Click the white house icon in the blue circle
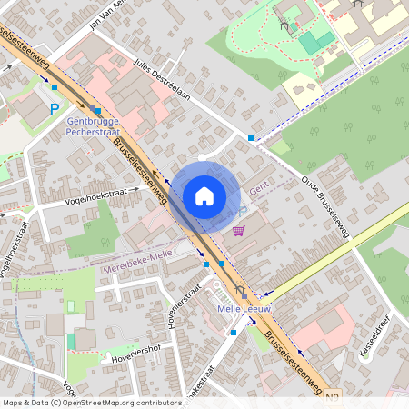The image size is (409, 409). pyautogui.click(x=204, y=195)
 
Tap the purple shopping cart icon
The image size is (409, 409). pyautogui.click(x=238, y=232)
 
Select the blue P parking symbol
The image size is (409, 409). pyautogui.click(x=55, y=108)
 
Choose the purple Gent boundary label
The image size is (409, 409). pyautogui.click(x=260, y=186)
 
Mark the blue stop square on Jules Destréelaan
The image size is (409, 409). pyautogui.click(x=251, y=138)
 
